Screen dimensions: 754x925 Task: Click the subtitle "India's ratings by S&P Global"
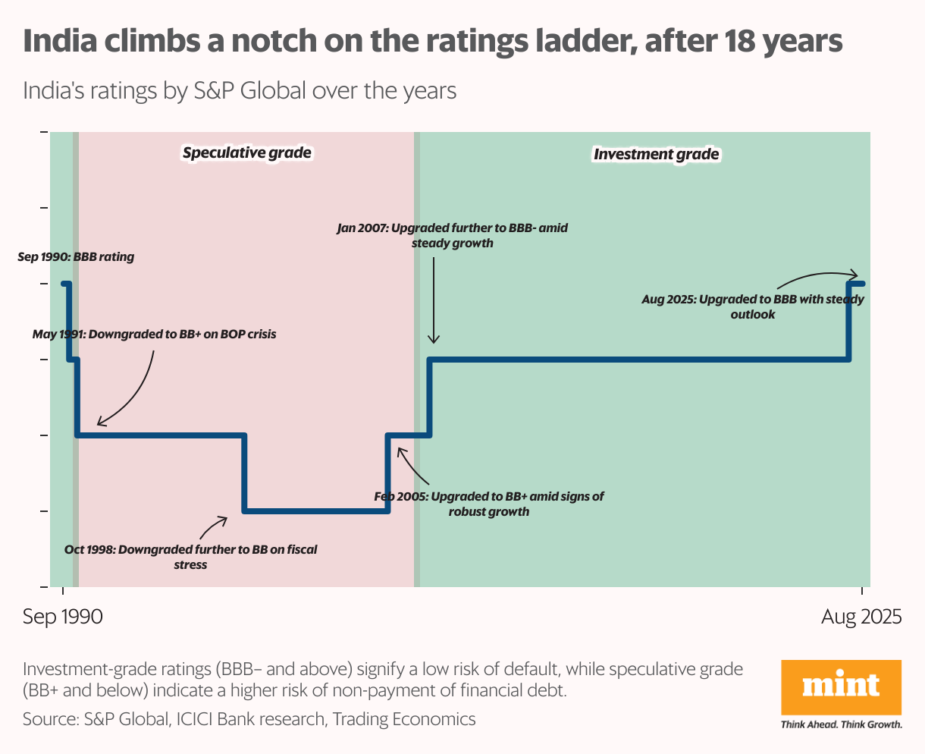tap(240, 91)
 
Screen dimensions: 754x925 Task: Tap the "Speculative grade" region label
tap(246, 153)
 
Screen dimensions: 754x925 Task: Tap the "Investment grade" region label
tap(656, 155)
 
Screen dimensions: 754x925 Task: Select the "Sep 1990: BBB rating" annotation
tap(76, 257)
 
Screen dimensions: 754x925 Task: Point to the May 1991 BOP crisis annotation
tap(155, 334)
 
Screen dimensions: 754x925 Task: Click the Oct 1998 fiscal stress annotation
tap(191, 557)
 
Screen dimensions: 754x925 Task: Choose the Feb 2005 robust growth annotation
tap(489, 504)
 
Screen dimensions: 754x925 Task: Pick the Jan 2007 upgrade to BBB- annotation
tap(452, 235)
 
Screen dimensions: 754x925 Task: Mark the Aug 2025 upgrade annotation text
tap(752, 306)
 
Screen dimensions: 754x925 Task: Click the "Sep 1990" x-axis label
tap(62, 617)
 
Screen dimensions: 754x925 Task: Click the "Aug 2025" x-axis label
tap(861, 617)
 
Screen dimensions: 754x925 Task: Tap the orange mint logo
tap(841, 687)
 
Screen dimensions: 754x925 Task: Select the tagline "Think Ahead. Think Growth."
tap(841, 724)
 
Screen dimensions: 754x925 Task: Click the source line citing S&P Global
tap(249, 718)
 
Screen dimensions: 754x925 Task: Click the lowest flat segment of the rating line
tap(315, 511)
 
